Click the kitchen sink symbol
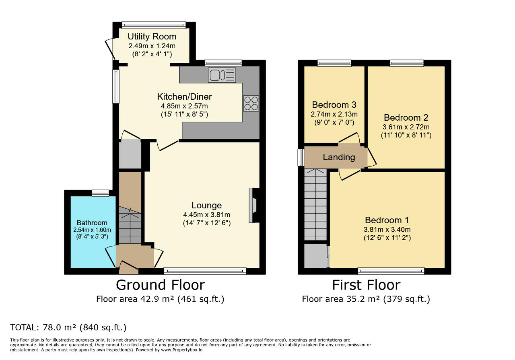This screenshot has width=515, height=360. click(x=222, y=75)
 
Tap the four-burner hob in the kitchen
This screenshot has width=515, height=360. click(x=251, y=103)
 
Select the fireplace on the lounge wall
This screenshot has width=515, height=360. click(x=254, y=205)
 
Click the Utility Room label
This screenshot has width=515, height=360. click(x=152, y=37)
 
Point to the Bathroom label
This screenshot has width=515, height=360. click(x=92, y=223)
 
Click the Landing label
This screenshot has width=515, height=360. click(x=339, y=157)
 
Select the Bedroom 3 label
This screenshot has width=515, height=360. click(x=334, y=105)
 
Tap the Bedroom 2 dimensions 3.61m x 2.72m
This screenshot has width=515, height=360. click(x=406, y=127)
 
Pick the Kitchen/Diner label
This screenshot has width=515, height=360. click(x=184, y=97)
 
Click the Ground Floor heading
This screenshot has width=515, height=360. click(x=160, y=285)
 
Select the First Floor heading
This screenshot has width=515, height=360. click(x=366, y=285)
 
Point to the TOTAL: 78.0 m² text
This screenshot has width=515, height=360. click(x=68, y=327)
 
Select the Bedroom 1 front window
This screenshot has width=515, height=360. click(x=391, y=271)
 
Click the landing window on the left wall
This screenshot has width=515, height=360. click(x=301, y=157)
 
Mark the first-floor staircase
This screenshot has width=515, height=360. click(x=315, y=205)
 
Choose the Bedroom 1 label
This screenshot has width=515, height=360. click(x=387, y=220)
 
